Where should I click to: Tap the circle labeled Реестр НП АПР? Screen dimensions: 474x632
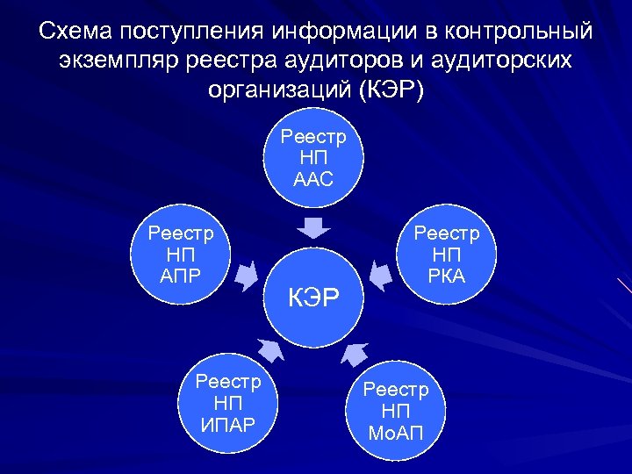(181, 255)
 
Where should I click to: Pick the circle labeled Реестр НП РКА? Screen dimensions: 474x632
(447, 255)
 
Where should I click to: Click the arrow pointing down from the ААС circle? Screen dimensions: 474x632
(313, 227)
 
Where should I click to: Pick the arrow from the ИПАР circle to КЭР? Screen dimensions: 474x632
(270, 349)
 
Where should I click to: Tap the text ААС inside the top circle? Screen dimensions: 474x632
(313, 180)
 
